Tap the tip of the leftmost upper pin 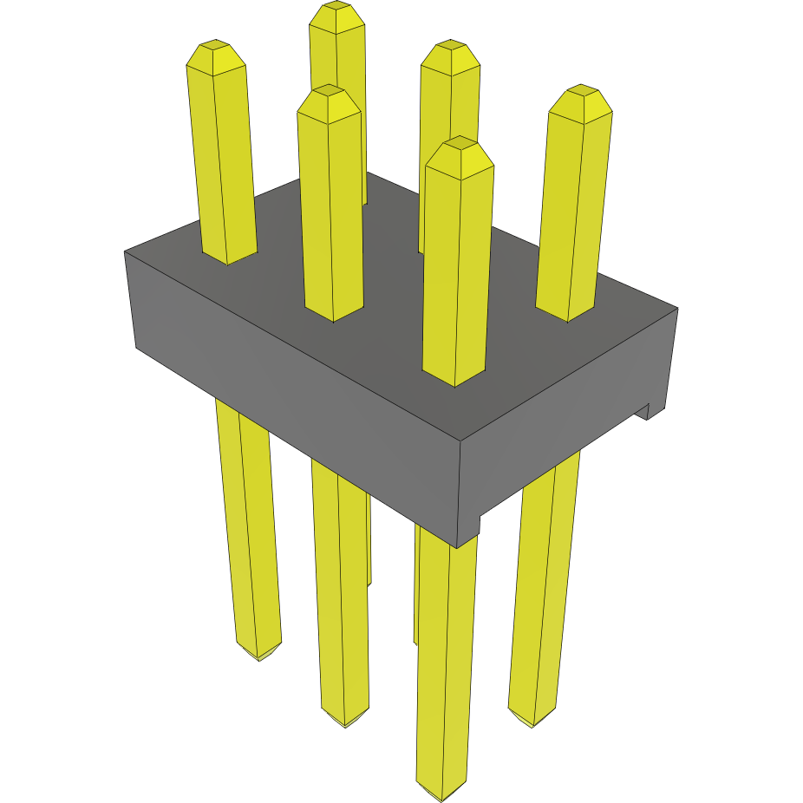[214, 49]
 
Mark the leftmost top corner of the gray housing [126, 252]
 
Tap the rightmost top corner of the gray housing [676, 308]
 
